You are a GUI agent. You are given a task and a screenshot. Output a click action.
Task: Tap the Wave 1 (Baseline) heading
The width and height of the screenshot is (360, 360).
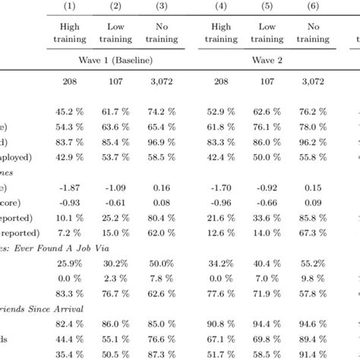115,58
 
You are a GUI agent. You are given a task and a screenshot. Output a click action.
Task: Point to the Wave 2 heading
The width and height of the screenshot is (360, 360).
267,58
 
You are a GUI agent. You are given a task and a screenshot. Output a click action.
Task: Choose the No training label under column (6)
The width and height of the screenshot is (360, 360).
313,33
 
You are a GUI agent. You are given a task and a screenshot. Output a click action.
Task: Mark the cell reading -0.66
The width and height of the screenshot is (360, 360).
267,203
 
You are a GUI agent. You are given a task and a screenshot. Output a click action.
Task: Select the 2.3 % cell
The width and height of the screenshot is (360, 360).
115,277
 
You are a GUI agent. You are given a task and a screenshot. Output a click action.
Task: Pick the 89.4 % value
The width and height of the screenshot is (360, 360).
313,338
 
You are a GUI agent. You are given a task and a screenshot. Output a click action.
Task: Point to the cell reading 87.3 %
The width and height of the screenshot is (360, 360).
161,352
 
